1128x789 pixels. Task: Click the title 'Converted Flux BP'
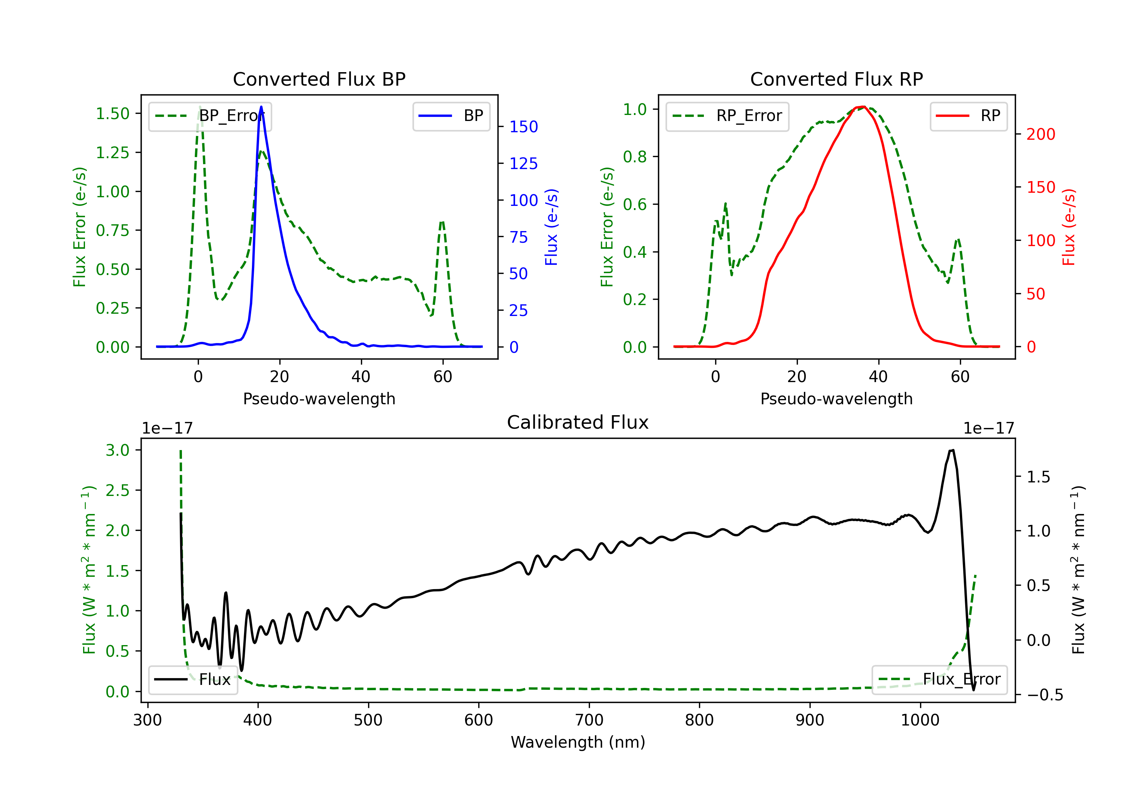[x=319, y=79]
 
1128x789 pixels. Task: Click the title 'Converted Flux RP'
[x=836, y=79]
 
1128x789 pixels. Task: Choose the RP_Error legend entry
[x=727, y=116]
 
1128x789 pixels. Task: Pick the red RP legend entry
[x=968, y=116]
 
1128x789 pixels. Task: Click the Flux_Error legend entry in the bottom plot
[x=939, y=680]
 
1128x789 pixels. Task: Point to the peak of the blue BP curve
[x=261, y=107]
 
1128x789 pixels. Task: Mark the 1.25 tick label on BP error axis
[x=112, y=153]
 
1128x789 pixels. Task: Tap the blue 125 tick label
[x=523, y=163]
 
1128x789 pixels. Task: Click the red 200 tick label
[x=1040, y=134]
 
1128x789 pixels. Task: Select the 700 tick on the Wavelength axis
[x=589, y=720]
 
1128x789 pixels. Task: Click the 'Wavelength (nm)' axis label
[x=578, y=742]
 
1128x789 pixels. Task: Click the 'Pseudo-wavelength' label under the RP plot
[x=836, y=399]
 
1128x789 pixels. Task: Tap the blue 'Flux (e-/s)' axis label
[x=551, y=227]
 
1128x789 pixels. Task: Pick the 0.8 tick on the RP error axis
[x=635, y=157]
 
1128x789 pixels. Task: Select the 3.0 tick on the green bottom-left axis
[x=117, y=450]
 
